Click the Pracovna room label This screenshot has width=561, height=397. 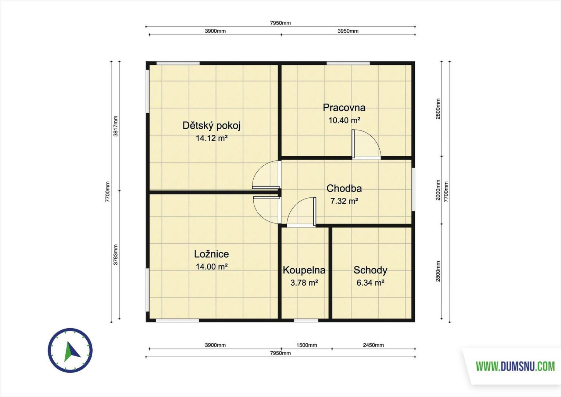344,107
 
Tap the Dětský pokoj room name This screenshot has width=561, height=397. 211,125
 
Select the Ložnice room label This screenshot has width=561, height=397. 211,254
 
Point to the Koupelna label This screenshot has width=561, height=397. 304,270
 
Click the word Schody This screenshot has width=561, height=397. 371,270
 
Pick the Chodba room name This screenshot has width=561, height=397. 344,188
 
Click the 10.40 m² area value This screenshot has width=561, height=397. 344,121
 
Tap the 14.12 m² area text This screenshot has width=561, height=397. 212,138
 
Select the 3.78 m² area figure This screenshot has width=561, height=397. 304,283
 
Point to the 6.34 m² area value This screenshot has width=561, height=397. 371,283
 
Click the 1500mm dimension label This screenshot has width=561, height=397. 307,345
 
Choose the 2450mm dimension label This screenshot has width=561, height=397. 373,345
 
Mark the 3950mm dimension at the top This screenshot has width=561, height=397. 348,31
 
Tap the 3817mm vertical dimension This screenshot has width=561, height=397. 115,126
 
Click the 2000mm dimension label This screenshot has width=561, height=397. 438,190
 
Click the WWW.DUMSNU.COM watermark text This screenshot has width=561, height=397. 515,366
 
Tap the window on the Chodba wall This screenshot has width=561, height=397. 413,189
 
